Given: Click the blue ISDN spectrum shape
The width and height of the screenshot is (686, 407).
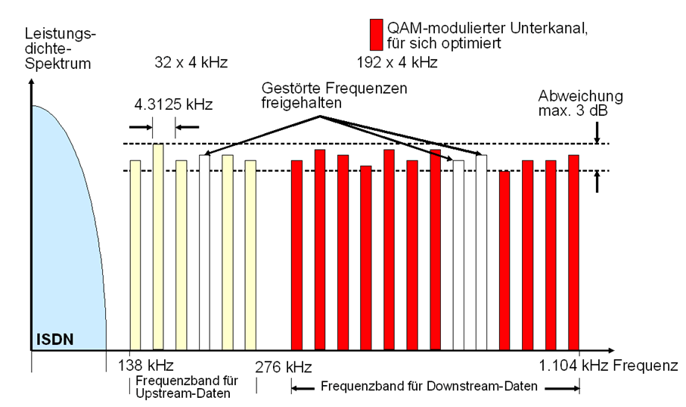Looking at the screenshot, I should (x=64, y=227).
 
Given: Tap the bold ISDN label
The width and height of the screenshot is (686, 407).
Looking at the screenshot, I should (x=53, y=339).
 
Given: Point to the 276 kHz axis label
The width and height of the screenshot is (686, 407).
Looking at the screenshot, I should (x=284, y=367).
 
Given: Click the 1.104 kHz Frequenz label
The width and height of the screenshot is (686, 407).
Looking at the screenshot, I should (x=608, y=366).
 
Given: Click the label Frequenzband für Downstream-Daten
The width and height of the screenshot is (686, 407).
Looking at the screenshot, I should (x=430, y=387).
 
